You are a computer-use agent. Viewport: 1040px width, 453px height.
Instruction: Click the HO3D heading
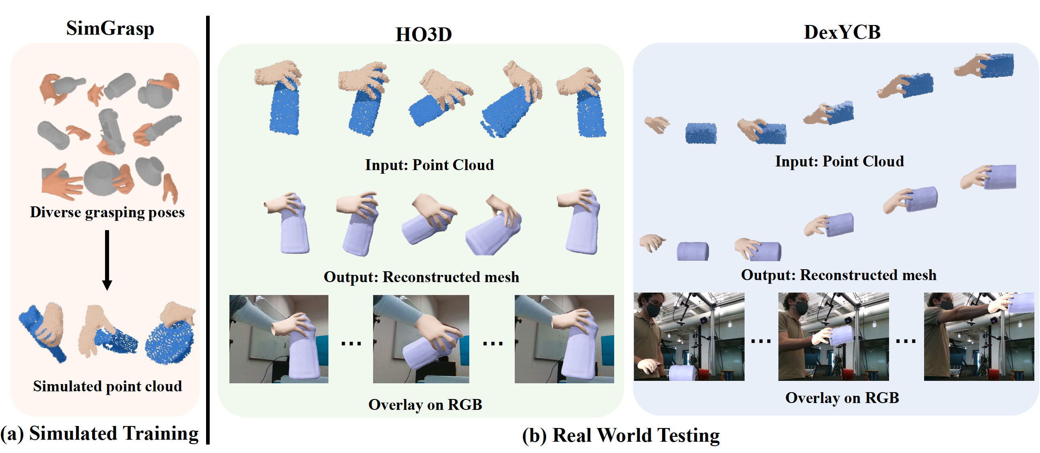tap(423, 34)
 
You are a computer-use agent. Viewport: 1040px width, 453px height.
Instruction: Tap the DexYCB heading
tap(842, 32)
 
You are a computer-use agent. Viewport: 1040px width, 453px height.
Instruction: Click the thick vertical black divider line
tap(208, 231)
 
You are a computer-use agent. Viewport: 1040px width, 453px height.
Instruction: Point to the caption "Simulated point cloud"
tap(107, 386)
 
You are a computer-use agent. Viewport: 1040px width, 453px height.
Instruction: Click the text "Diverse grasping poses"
tap(107, 212)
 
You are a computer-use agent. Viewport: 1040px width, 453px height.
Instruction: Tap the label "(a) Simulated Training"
tap(99, 433)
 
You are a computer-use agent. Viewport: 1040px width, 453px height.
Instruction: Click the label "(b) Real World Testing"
tap(621, 435)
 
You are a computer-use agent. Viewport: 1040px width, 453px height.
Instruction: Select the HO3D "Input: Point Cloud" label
tap(429, 165)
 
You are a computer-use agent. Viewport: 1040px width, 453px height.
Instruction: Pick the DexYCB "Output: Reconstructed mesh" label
tap(838, 275)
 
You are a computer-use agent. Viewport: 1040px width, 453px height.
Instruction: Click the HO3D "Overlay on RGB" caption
tap(425, 405)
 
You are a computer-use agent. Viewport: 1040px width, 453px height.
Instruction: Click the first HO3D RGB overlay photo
tap(279, 339)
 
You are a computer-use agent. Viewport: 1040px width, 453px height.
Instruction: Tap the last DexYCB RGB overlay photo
tap(979, 336)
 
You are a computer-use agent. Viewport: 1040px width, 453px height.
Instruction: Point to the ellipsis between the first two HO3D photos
tap(351, 343)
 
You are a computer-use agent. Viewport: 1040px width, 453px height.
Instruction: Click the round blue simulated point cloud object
tap(169, 341)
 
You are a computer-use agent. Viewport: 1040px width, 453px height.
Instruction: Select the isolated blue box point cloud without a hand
tap(701, 133)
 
